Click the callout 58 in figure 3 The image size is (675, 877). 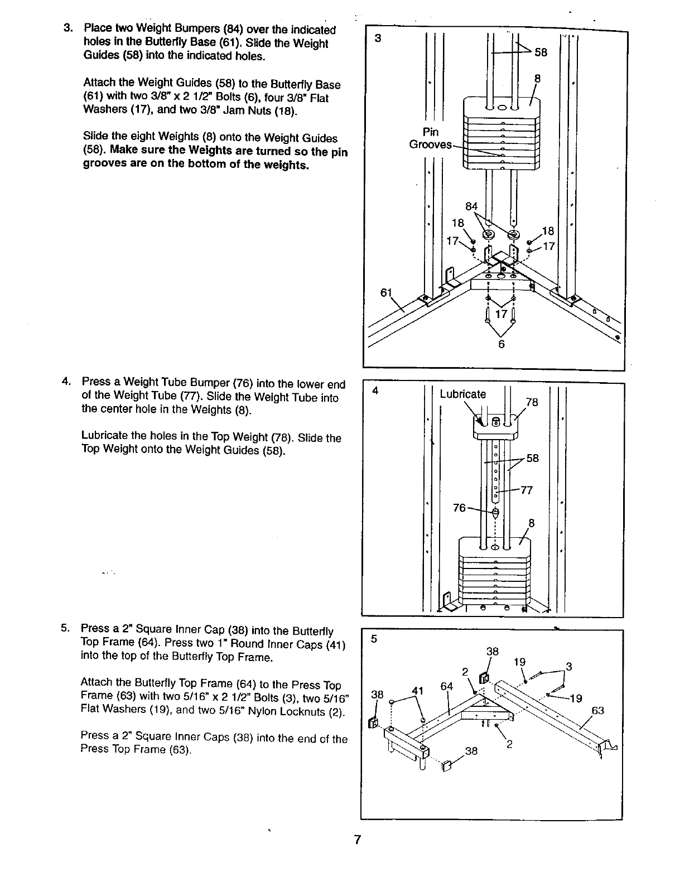coord(541,52)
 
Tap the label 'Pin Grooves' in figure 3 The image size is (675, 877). coord(430,138)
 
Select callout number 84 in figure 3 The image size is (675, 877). coord(472,206)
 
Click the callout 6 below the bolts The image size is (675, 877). coord(501,345)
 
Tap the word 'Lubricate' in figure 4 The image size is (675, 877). coord(462,394)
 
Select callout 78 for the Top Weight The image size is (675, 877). coord(532,402)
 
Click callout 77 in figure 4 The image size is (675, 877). coord(527,490)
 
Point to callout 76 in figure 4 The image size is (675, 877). coord(460,508)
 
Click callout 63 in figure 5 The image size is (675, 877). coord(597,710)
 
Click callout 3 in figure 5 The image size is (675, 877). coord(568,666)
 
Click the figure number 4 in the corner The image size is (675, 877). coord(376,391)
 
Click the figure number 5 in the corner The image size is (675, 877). coord(375,640)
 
